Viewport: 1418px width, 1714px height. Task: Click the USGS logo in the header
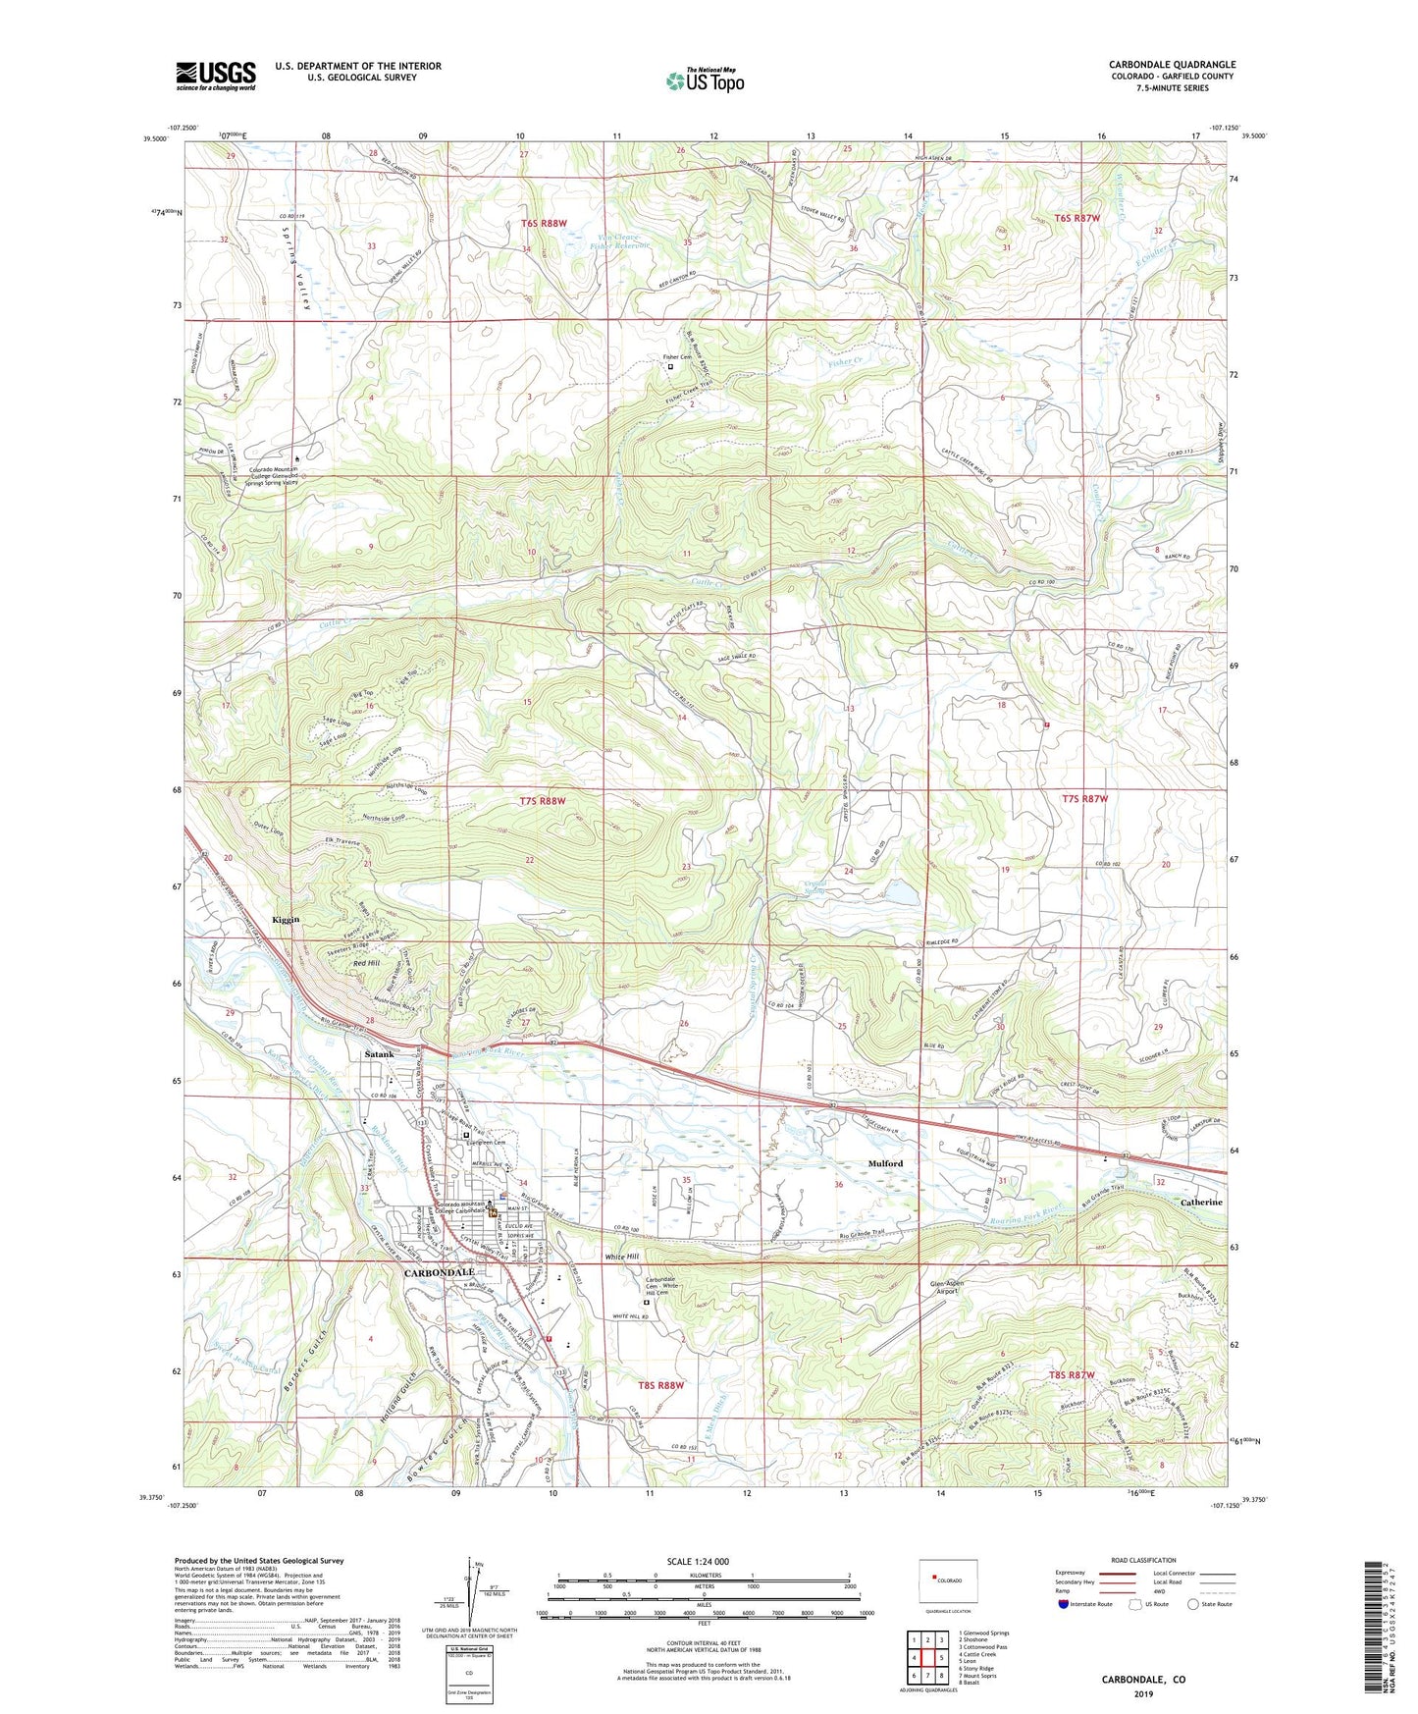coord(215,75)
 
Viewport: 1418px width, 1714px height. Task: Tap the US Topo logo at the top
coord(705,80)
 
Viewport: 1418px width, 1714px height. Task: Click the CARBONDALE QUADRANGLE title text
coord(1172,64)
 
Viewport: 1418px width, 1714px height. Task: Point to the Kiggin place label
coord(285,919)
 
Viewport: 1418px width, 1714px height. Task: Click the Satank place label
coord(379,1054)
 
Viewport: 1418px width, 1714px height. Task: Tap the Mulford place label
coord(885,1163)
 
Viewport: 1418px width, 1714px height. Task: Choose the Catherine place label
coord(1201,1202)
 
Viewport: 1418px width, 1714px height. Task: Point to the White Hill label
coord(621,1257)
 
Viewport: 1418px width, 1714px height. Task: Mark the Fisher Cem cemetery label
coord(676,357)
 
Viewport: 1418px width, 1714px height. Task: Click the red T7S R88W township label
coord(543,801)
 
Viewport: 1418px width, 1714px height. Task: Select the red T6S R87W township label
coord(1077,218)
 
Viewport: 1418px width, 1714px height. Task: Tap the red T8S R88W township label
coord(659,1385)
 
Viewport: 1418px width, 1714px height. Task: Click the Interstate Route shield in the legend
coord(1065,1604)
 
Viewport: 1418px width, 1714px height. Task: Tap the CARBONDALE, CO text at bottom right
coord(1142,1680)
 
